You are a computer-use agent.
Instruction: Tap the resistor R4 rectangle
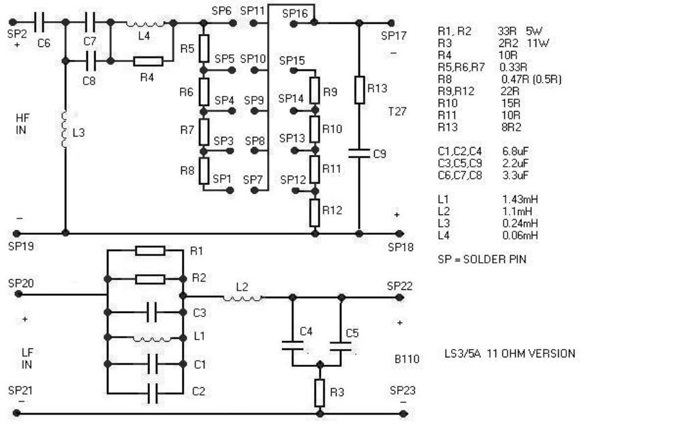point(148,61)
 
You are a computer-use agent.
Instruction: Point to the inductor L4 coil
point(144,23)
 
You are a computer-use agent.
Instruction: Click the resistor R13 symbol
point(359,89)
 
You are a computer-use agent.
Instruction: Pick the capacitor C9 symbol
point(359,154)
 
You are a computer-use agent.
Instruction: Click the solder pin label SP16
point(294,13)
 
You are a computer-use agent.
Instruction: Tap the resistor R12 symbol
point(314,213)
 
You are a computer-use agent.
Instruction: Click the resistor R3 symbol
point(319,393)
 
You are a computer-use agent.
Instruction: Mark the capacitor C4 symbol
point(292,346)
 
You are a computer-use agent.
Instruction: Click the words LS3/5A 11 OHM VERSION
point(509,354)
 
